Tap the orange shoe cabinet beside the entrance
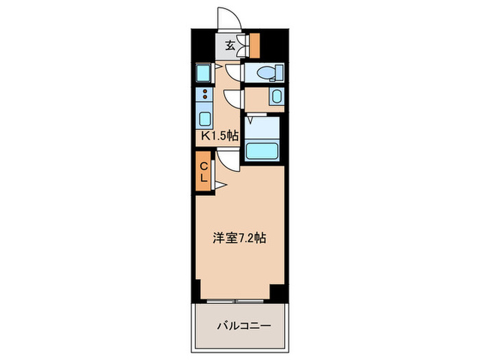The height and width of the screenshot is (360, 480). click(x=254, y=45)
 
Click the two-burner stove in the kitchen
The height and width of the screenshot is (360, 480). click(x=204, y=95)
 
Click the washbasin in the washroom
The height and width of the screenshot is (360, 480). click(x=276, y=97)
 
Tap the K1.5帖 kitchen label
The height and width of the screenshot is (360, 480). click(x=218, y=136)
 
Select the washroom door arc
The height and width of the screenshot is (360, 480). click(x=233, y=99)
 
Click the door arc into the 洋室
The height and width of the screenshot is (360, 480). click(x=228, y=160)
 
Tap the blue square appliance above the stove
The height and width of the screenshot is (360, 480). click(x=203, y=72)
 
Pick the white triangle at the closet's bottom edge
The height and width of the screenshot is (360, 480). click(x=221, y=184)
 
